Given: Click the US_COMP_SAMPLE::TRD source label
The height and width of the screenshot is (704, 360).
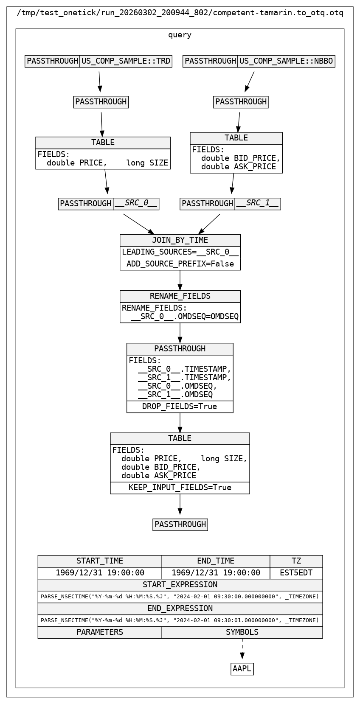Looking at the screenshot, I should (x=126, y=61).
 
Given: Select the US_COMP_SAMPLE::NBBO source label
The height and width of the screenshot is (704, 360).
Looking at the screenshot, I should (x=286, y=61).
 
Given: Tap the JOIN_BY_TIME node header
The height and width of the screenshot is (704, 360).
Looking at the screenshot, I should (x=180, y=240).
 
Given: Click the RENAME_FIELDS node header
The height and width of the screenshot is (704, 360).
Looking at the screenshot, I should (x=180, y=296).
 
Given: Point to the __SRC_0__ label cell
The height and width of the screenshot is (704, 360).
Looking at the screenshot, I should (x=136, y=204).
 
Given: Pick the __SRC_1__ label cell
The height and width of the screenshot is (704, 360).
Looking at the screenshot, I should (x=258, y=204).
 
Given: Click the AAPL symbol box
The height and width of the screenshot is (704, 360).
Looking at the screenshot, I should (x=242, y=669).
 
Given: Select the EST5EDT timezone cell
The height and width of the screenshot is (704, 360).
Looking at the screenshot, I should (x=296, y=573).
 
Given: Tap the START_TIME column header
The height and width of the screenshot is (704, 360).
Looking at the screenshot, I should (x=100, y=561).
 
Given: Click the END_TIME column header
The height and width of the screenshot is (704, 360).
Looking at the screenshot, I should (x=216, y=561).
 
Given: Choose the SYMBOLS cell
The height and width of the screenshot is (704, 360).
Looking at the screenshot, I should (x=242, y=632).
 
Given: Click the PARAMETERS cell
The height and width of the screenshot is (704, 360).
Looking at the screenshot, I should (x=100, y=632).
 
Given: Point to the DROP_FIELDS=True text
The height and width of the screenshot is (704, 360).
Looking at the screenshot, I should (x=180, y=407).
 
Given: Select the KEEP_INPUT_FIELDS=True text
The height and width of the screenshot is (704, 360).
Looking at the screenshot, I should (x=180, y=488).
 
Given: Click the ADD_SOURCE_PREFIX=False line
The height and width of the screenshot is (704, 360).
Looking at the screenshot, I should (x=180, y=264).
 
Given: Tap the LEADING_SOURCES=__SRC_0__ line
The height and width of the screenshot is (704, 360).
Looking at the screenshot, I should (x=180, y=252).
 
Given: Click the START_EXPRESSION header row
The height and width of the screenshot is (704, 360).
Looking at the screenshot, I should (x=180, y=585).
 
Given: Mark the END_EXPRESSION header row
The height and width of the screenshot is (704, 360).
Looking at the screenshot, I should (x=180, y=609).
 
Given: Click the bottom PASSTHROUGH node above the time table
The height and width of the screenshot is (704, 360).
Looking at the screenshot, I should (x=180, y=524).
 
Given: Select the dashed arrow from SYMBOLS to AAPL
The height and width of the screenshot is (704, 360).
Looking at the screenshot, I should (x=242, y=649).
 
